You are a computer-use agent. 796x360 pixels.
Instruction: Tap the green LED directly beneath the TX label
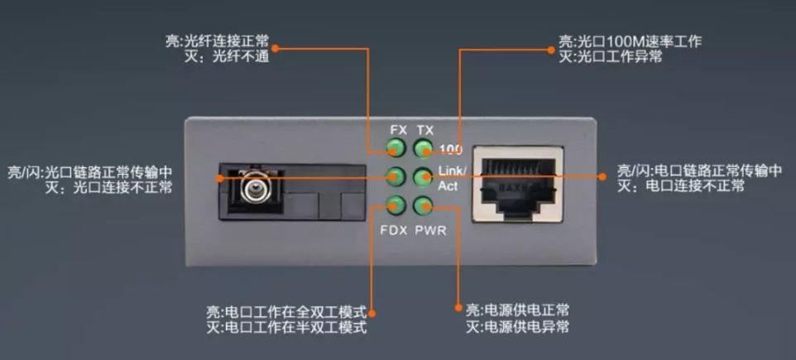424,149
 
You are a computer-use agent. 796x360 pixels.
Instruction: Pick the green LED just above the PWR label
424,206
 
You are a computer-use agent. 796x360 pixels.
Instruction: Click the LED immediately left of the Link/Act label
424,177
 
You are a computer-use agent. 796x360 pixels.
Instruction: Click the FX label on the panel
398,131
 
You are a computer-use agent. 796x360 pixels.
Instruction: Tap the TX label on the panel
425,131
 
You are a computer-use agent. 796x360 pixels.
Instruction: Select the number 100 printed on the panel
451,150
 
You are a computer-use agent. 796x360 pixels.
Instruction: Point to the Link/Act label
452,179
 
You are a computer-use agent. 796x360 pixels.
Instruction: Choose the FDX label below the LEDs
393,230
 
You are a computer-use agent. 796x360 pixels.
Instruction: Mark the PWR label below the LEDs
430,230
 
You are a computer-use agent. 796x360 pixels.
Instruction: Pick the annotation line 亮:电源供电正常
518,310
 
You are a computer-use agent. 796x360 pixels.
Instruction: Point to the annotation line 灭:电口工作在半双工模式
286,328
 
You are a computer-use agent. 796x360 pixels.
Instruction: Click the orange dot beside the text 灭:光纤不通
276,48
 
